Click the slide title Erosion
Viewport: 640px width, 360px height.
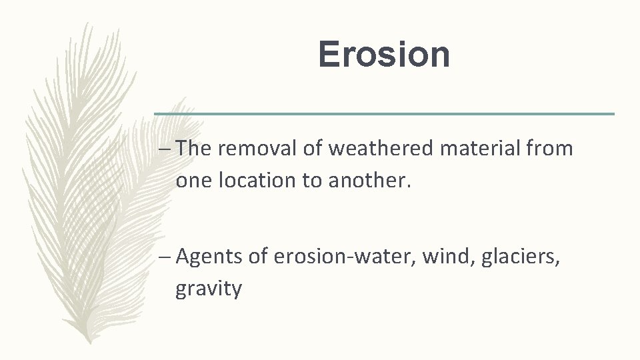(384, 55)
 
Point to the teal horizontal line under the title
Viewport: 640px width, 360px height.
(384, 114)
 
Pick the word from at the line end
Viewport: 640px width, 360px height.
(549, 149)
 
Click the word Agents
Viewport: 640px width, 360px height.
(209, 256)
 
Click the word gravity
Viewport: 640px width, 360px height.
(209, 290)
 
